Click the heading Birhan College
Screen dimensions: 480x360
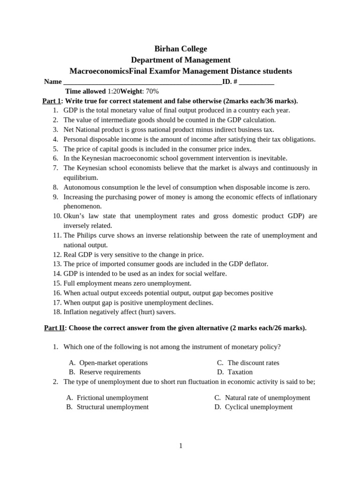(180, 49)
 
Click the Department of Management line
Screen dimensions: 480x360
(180, 60)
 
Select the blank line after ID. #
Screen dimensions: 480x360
(256, 82)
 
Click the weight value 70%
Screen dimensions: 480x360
(152, 91)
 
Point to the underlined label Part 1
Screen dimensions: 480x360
(52, 101)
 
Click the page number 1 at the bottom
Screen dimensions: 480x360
(180, 446)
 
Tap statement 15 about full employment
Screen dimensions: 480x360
(127, 283)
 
